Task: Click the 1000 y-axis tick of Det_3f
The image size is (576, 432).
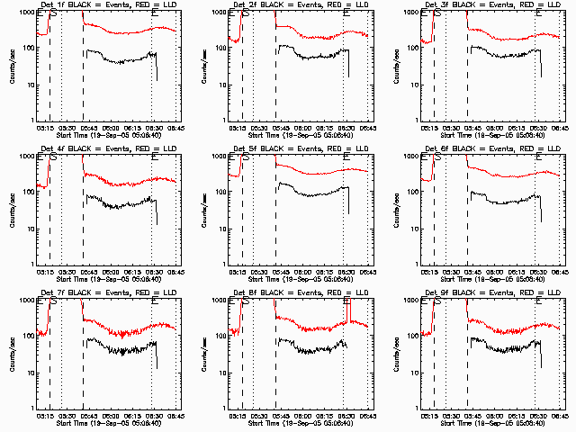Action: tap(409, 13)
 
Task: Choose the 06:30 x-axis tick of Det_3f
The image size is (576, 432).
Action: tap(536, 127)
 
